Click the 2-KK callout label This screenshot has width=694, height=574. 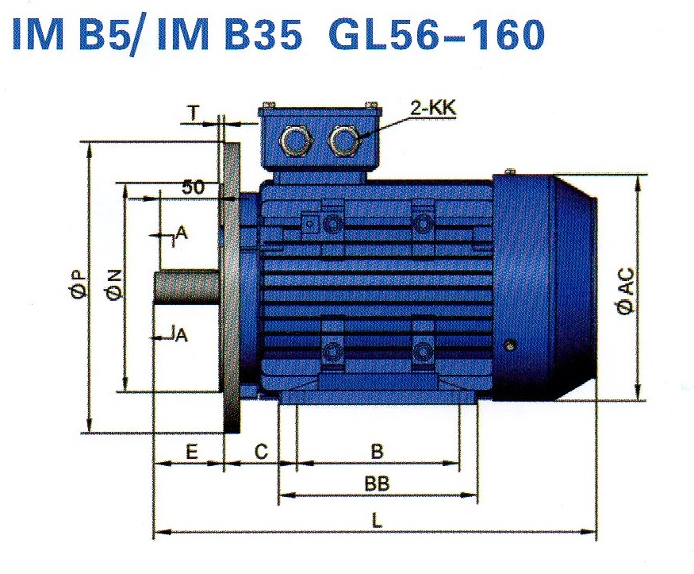click(433, 108)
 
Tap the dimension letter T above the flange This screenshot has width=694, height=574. click(194, 114)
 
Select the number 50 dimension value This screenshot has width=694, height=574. click(194, 187)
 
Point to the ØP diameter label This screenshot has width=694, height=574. click(79, 284)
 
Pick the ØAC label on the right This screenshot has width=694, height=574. click(627, 291)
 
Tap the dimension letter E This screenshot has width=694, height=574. click(191, 453)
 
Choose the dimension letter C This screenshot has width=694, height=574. click(261, 452)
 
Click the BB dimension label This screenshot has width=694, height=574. click(377, 483)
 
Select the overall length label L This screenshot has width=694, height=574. click(377, 521)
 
